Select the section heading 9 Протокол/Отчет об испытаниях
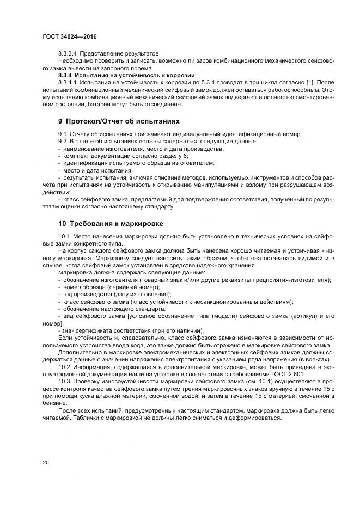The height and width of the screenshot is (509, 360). coord(119,120)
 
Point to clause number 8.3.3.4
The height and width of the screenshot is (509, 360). coord(69,54)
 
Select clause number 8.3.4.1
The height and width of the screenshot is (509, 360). coord(69,82)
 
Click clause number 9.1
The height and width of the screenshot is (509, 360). coord(62,134)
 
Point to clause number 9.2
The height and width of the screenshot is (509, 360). coord(62,141)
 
